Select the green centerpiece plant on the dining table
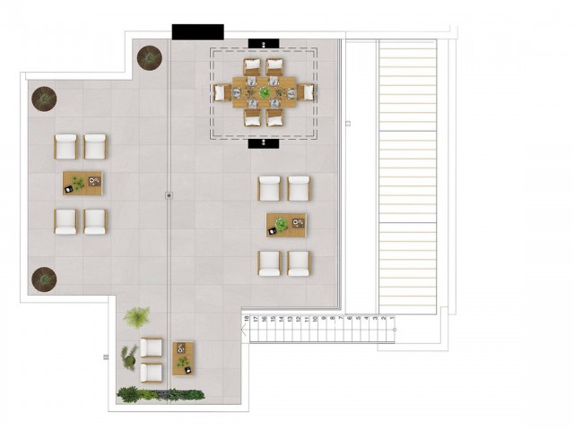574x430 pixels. click(265, 92)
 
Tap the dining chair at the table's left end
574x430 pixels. click(220, 92)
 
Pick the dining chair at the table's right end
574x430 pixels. click(308, 92)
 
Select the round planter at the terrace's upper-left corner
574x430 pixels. click(44, 98)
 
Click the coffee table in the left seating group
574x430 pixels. click(83, 184)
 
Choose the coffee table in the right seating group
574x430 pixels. click(286, 225)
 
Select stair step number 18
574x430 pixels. click(246, 330)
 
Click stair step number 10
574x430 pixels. click(316, 330)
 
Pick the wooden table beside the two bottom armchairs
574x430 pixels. click(184, 358)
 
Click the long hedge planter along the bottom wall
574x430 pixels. click(161, 393)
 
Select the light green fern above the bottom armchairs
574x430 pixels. click(137, 317)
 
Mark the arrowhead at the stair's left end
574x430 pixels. click(242, 330)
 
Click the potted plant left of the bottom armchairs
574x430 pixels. click(129, 357)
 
